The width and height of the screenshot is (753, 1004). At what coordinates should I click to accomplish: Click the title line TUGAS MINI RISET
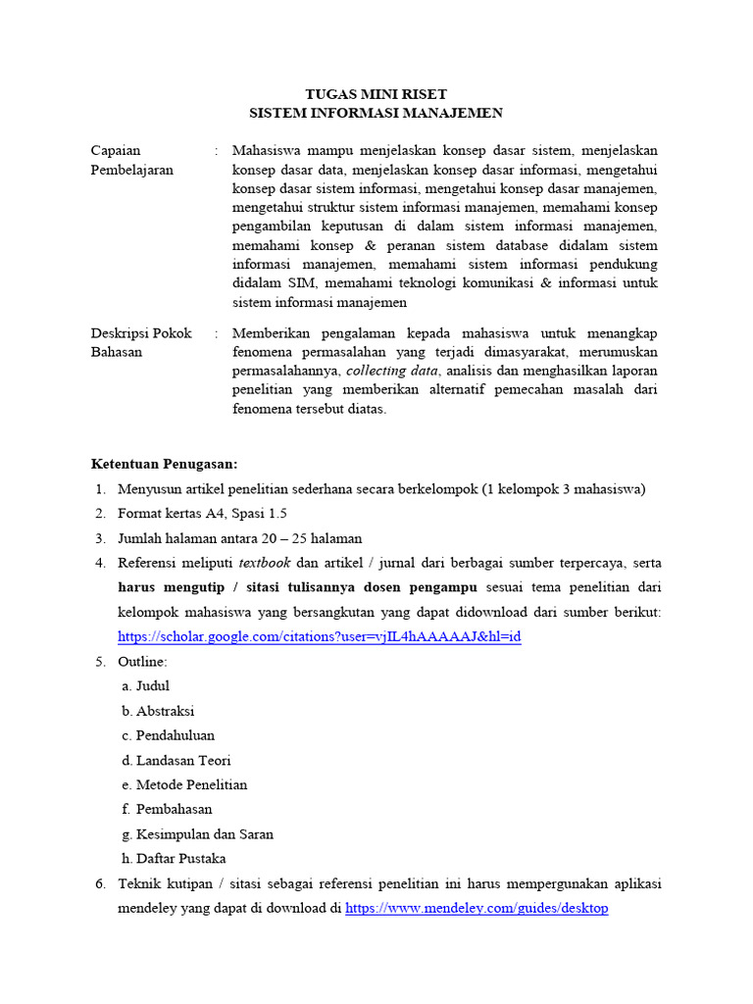pos(376,94)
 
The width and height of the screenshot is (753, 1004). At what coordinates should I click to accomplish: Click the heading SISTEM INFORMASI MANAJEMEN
pos(376,113)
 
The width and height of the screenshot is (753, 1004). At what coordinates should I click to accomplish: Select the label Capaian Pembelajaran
pos(131,160)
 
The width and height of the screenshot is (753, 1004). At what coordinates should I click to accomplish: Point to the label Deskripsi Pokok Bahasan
pos(140,342)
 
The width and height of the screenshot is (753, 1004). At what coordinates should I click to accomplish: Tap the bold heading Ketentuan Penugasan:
pos(164,464)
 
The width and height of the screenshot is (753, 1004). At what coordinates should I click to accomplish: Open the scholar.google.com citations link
pos(319,636)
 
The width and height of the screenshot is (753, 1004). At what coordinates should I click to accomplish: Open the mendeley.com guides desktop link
pos(477,909)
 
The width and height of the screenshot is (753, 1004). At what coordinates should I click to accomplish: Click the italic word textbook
pos(266,563)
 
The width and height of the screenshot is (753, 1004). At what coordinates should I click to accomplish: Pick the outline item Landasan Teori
pos(183,760)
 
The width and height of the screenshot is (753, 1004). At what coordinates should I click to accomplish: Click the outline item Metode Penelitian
pos(191,784)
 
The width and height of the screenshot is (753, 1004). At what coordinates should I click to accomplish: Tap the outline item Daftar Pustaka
pos(181,859)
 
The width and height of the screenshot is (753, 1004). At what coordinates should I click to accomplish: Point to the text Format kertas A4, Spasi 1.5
pos(202,514)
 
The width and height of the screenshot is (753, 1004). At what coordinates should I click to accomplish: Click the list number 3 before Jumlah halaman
pos(100,538)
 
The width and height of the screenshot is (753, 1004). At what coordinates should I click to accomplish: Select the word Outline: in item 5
pos(142,662)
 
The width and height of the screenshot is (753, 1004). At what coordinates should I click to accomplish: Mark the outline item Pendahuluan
pos(175,735)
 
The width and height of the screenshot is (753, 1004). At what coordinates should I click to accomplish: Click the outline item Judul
pos(153,686)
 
